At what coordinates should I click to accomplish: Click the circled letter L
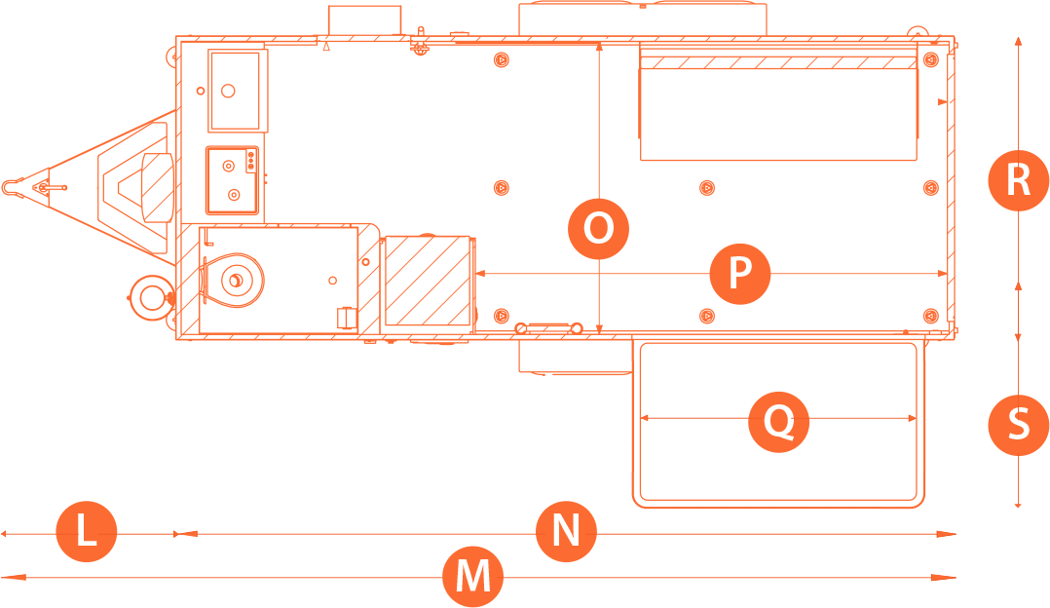(x=87, y=532)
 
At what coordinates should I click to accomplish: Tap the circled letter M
(x=473, y=577)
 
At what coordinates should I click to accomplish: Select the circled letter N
(x=566, y=533)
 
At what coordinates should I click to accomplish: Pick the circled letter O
(x=598, y=229)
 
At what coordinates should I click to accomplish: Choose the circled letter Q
(x=778, y=422)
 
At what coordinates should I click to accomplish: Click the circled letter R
(x=1018, y=180)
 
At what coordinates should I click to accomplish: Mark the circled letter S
(x=1018, y=425)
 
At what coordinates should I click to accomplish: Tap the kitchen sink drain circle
(x=228, y=91)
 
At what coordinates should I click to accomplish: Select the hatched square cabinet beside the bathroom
(x=428, y=281)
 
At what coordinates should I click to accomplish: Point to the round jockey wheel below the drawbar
(x=150, y=294)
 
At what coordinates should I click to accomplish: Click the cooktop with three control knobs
(x=234, y=179)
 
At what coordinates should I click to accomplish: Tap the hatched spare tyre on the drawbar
(x=155, y=187)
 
